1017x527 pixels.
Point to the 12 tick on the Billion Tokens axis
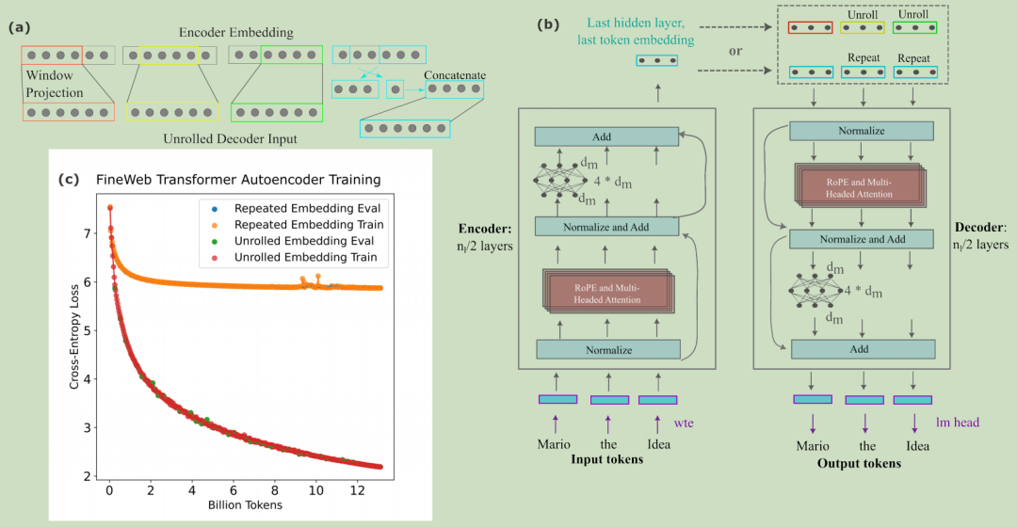357,489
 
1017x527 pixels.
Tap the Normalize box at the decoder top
862,131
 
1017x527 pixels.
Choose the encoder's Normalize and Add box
605,226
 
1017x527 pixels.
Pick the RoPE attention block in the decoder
860,196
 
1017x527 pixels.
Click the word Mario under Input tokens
555,443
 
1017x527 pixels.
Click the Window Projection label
54,84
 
